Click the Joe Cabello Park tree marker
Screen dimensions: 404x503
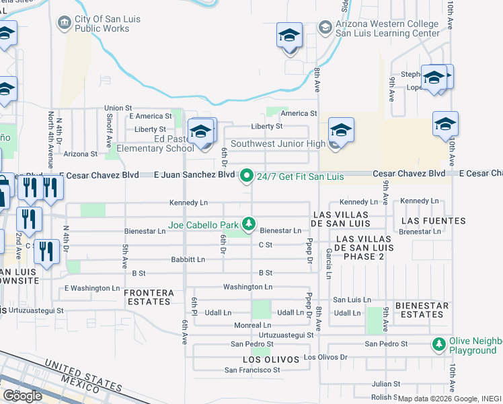[249, 224]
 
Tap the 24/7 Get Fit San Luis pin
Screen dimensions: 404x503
[247, 176]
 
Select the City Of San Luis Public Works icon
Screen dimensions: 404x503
[65, 24]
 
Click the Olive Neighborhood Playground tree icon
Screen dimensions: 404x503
[439, 345]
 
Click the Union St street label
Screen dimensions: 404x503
[118, 108]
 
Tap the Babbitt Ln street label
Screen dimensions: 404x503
[188, 259]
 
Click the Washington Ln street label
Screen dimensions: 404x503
[248, 287]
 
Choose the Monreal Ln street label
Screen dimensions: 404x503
[252, 325]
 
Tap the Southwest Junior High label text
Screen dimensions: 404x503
[278, 143]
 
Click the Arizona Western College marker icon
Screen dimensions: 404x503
[325, 28]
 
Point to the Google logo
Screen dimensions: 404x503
[22, 395]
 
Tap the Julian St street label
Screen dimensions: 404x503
[386, 384]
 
